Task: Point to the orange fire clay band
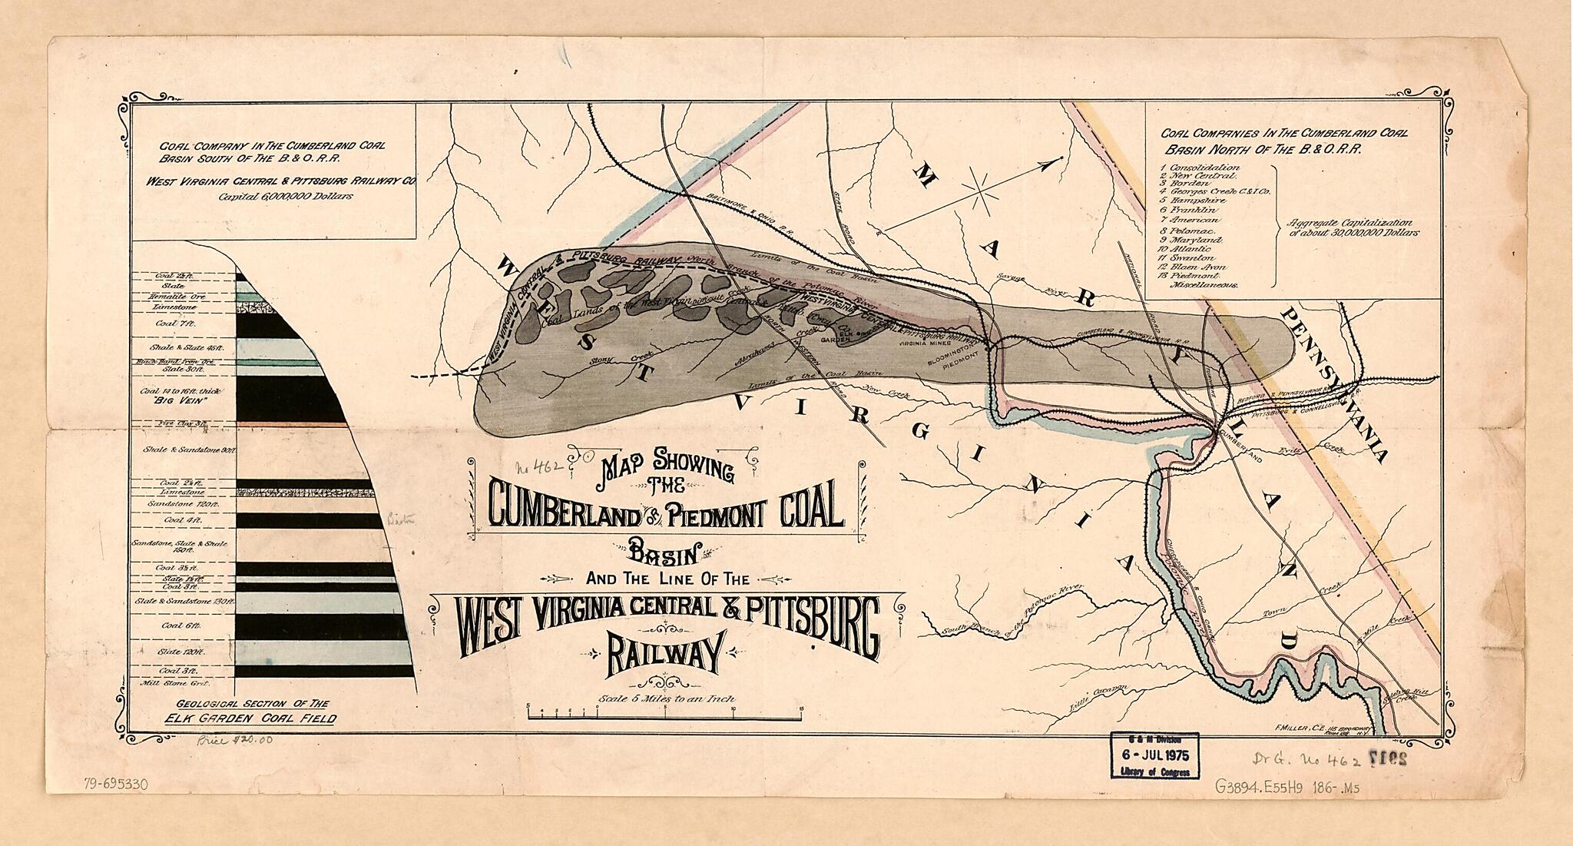[292, 424]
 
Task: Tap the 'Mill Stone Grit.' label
[175, 682]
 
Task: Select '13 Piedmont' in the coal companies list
[1192, 274]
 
